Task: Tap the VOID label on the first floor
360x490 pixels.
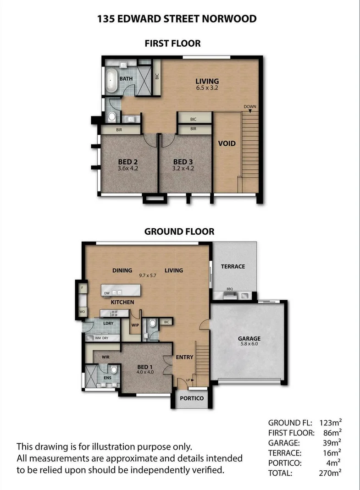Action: pyautogui.click(x=227, y=143)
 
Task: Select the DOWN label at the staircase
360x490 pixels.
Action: pyautogui.click(x=250, y=107)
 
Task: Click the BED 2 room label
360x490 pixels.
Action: pyautogui.click(x=128, y=162)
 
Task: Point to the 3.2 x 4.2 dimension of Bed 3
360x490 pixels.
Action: pyautogui.click(x=183, y=168)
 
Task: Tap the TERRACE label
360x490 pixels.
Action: pyautogui.click(x=233, y=266)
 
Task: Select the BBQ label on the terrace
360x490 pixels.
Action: pyautogui.click(x=230, y=289)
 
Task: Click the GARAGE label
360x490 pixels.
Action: pyautogui.click(x=249, y=339)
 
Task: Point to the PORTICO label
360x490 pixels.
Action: pyautogui.click(x=191, y=398)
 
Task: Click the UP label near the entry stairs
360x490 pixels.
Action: pyautogui.click(x=188, y=380)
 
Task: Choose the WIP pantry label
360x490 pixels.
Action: pyautogui.click(x=135, y=325)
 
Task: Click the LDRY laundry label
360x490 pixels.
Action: pyautogui.click(x=108, y=324)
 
